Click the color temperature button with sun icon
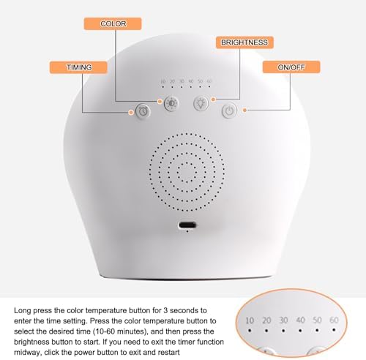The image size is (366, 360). pos(171,103)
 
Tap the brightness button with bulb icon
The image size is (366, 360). pos(201,103)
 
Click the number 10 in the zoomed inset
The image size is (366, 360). pos(250,320)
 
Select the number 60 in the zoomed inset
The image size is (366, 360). pos(335,320)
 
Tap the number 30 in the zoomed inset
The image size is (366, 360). pos(284,320)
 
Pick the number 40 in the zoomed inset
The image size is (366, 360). pos(301,320)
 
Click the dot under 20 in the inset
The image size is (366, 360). pos(267,331)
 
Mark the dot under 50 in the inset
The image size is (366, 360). pos(318,331)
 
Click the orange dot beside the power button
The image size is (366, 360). pos(244,111)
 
